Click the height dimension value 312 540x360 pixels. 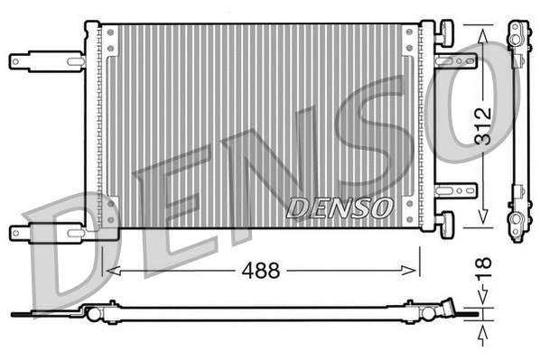coord(484,127)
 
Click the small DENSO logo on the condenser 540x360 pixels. coord(340,207)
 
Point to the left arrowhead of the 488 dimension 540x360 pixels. coord(110,270)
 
